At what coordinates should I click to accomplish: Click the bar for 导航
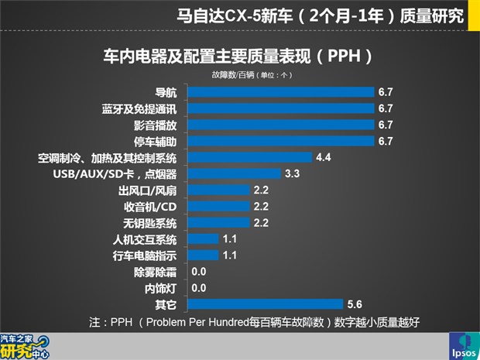click(282, 92)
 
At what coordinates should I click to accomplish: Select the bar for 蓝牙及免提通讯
click(282, 108)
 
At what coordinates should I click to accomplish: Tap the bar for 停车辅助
click(282, 141)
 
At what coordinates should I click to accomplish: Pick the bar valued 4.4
click(251, 157)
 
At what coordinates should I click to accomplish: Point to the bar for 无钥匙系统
click(220, 222)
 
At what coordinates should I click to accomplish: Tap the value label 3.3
click(293, 173)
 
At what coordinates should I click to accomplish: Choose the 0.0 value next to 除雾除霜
click(199, 272)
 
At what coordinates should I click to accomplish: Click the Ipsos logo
click(463, 346)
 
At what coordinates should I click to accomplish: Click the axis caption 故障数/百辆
click(231, 75)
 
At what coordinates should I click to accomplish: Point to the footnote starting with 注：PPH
click(253, 321)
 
